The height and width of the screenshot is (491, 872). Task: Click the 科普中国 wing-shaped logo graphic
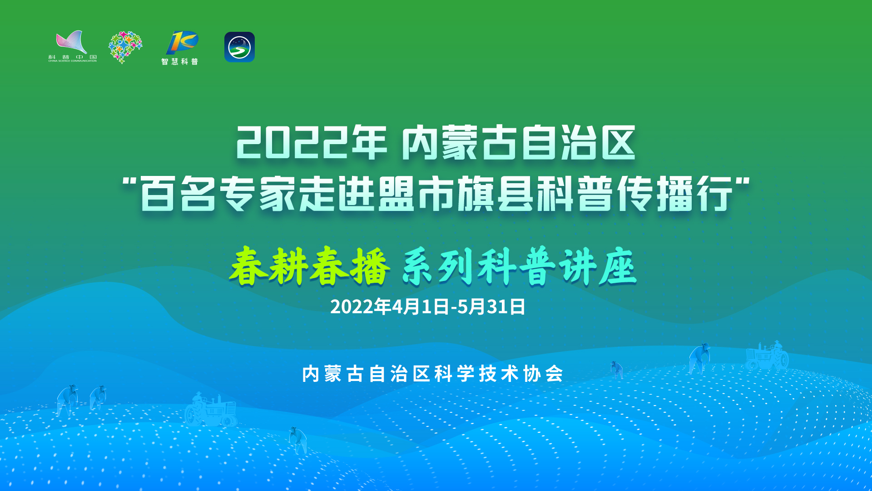pyautogui.click(x=71, y=42)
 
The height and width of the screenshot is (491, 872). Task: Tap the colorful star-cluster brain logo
pyautogui.click(x=125, y=47)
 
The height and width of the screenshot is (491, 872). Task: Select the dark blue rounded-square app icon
pyautogui.click(x=239, y=47)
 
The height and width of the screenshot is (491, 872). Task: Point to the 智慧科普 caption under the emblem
pyautogui.click(x=180, y=61)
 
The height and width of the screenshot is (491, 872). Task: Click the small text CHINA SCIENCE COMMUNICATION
pyautogui.click(x=73, y=61)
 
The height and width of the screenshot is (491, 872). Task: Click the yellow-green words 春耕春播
pyautogui.click(x=310, y=266)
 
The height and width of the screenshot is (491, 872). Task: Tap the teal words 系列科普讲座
pyautogui.click(x=520, y=267)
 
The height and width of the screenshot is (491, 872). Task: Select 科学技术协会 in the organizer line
pyautogui.click(x=499, y=374)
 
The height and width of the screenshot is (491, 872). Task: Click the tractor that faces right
pyautogui.click(x=211, y=410)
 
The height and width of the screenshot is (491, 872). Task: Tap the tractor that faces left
pyautogui.click(x=767, y=356)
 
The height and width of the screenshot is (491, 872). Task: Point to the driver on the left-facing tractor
pyautogui.click(x=778, y=348)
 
